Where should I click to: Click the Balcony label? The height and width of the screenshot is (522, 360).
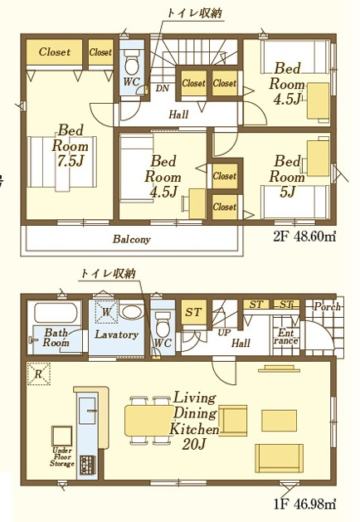[132, 240]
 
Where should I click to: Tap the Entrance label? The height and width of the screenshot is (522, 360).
[286, 337]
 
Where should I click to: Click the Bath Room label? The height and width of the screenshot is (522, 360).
[56, 337]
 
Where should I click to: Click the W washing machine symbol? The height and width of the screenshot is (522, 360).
[106, 312]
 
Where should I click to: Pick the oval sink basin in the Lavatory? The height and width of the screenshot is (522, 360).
[130, 313]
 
